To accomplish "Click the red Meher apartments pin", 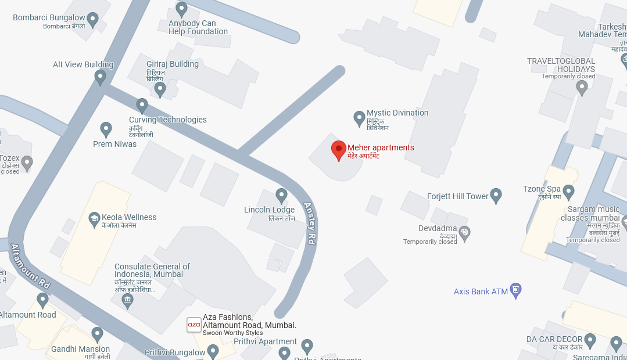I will click(x=338, y=150).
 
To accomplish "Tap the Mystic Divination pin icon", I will click(x=359, y=118).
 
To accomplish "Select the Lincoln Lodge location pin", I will click(x=281, y=196).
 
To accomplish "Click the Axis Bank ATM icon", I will click(x=515, y=290).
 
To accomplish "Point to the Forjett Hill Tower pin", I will click(x=496, y=196).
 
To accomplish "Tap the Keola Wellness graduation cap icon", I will click(x=94, y=219).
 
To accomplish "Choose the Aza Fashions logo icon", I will click(x=194, y=325).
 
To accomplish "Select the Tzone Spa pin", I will click(x=568, y=191).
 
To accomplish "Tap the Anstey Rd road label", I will click(x=309, y=223).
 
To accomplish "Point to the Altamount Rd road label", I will click(x=30, y=267).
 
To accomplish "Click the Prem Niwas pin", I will click(x=106, y=129).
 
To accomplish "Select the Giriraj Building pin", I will click(x=160, y=89).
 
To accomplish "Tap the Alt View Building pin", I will click(x=101, y=77).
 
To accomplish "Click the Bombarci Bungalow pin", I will click(x=92, y=20).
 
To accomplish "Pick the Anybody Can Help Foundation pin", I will click(x=182, y=9).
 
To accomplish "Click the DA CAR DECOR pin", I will click(x=590, y=340).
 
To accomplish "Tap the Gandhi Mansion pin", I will click(x=97, y=334).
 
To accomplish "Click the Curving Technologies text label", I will click(x=167, y=120).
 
